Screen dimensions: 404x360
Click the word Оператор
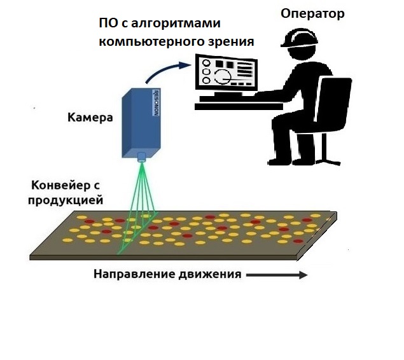(312, 13)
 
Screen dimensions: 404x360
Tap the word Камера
(90, 118)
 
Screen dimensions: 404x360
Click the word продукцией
(66, 200)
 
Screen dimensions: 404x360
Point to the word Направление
(134, 273)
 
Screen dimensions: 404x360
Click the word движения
(209, 274)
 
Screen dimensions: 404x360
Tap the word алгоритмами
(176, 24)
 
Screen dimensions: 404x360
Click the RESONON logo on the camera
(155, 102)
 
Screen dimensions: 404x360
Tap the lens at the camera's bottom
(141, 157)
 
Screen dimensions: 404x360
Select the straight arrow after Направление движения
(277, 275)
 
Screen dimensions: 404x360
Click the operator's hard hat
(299, 38)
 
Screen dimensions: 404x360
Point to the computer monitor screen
(226, 73)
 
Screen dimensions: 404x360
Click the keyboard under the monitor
(226, 99)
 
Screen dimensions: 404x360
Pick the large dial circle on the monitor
(222, 76)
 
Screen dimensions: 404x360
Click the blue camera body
(141, 123)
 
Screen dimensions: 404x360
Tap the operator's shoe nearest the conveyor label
(278, 162)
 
